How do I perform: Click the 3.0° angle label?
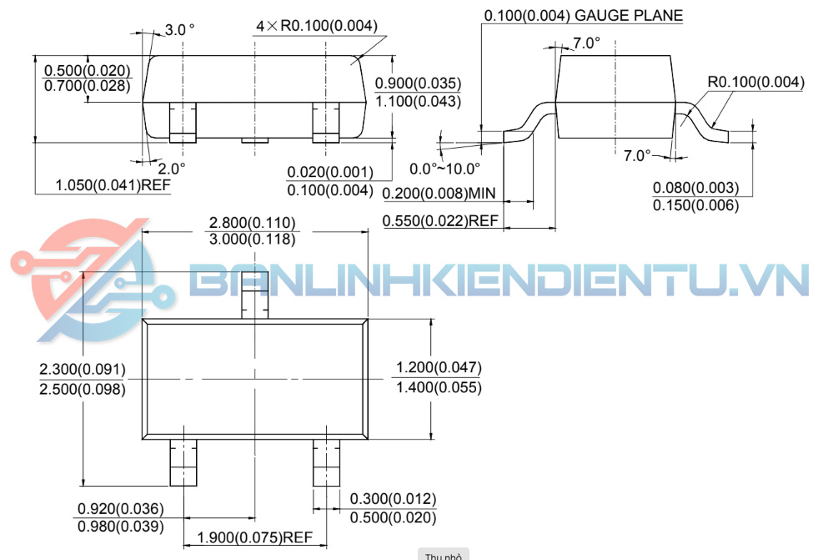(x=179, y=29)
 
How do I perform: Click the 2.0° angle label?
(x=171, y=168)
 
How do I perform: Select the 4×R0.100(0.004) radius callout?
(x=317, y=26)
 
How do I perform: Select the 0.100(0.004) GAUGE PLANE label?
(x=583, y=15)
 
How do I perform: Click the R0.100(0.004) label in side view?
(x=756, y=82)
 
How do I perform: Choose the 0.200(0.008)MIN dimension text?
(x=439, y=194)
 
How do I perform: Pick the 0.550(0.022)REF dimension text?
(x=440, y=221)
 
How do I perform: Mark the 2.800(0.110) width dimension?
(x=253, y=222)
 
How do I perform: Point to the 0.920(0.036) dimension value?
(x=120, y=508)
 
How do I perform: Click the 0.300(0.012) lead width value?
(x=393, y=499)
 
